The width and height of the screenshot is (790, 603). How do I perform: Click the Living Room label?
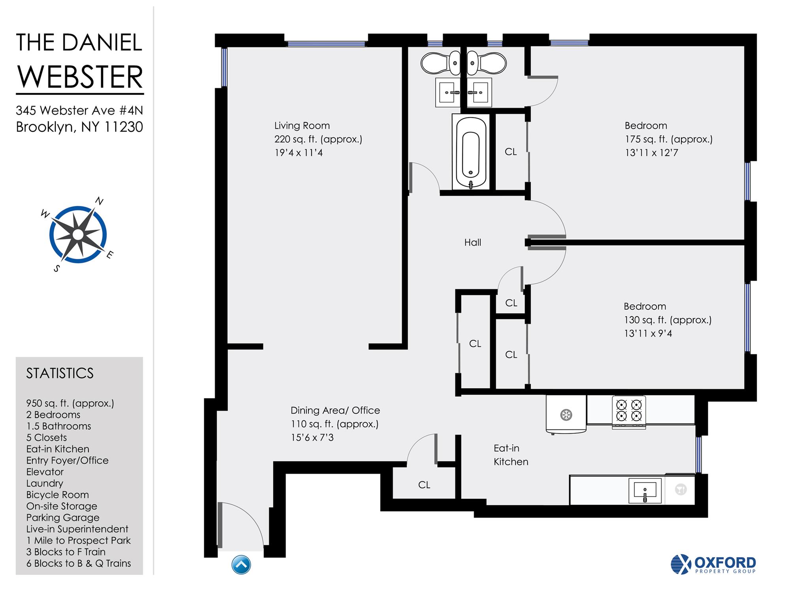tap(302, 125)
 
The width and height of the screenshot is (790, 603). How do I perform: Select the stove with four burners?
tap(629, 411)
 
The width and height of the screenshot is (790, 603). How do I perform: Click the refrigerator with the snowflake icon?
tap(566, 415)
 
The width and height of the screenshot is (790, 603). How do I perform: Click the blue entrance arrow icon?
tap(241, 564)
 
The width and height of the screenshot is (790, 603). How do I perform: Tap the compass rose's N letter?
tap(99, 201)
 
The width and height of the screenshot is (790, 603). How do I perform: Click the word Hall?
tap(472, 242)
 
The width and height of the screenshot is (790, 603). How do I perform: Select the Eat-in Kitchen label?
tap(510, 455)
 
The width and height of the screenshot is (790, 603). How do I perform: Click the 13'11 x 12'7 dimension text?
tap(651, 153)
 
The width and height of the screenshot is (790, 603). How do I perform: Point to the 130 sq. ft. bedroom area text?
tap(667, 320)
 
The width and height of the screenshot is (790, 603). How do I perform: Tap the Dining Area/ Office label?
tap(335, 410)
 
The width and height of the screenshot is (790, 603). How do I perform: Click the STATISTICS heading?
tap(60, 373)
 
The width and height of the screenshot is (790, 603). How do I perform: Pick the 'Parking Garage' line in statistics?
tap(62, 517)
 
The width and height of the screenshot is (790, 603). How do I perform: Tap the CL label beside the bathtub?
tap(510, 152)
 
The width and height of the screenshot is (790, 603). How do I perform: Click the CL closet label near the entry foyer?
tap(424, 485)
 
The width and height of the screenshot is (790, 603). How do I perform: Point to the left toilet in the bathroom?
tap(440, 63)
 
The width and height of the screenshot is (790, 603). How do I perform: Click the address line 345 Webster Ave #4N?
tap(79, 110)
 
